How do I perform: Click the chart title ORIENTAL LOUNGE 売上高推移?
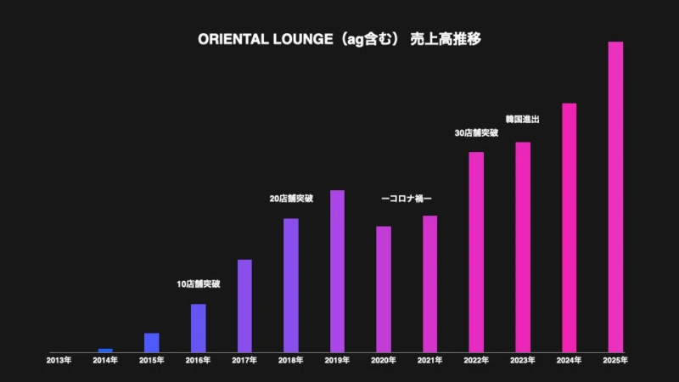point(339,39)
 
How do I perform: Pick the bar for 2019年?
point(337,271)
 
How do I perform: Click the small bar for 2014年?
point(105,350)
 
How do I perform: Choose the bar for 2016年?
point(198,328)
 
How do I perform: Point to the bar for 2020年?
point(384,289)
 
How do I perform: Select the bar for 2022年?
point(476,252)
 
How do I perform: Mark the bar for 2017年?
point(244,306)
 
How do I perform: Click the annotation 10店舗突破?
point(198,284)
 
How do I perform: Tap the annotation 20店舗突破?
point(291,199)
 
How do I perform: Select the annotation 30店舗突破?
point(476,133)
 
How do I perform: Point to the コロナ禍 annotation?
point(407,199)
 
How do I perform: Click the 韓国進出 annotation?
point(523,120)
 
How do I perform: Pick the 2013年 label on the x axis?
point(59,361)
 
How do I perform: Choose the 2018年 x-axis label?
point(291,361)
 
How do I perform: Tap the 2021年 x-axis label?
point(430,361)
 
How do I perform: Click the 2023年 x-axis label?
point(523,361)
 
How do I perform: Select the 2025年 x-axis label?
point(615,361)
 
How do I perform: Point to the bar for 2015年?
point(152,342)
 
